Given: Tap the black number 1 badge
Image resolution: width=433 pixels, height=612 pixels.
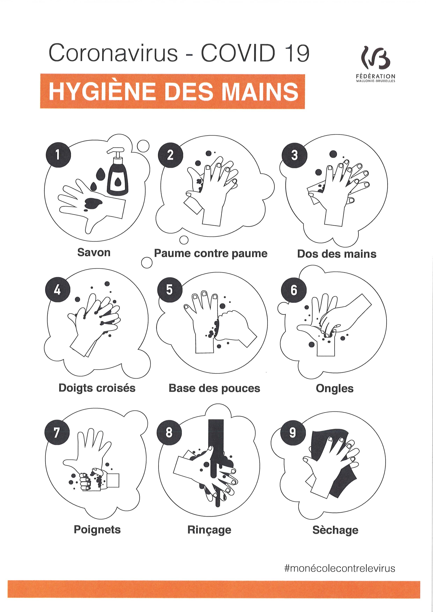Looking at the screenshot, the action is coord(58,155).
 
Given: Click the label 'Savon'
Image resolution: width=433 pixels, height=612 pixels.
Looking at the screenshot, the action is coord(94,252).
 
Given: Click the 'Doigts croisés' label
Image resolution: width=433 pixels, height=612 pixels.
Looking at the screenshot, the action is coord(97,388).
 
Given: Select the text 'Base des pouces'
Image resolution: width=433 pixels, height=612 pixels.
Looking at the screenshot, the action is coord(214,388).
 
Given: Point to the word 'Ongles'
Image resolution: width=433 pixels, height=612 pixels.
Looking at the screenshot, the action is coord(335,389).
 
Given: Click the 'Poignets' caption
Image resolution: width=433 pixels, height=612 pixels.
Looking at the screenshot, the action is coord(97,530).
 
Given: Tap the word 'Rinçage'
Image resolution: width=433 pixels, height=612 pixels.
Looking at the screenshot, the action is coord(209,530).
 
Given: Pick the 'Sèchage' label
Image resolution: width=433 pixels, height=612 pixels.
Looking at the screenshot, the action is coord(335,530).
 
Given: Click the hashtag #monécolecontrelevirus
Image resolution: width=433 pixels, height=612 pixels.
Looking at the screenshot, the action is coord(340,569).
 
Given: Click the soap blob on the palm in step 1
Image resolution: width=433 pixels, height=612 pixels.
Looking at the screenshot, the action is coord(92,203).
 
